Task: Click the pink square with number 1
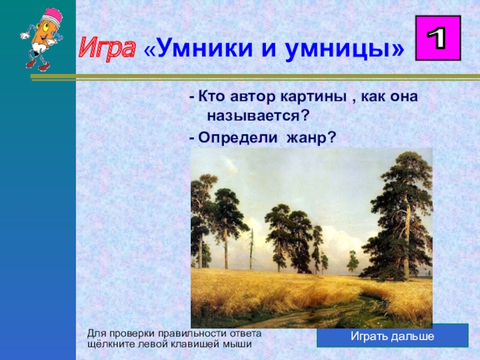(x=438, y=38)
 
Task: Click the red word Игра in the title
(x=107, y=49)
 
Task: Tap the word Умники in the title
(x=205, y=49)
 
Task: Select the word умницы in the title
(x=338, y=50)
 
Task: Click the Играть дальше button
(x=392, y=336)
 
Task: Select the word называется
(x=257, y=116)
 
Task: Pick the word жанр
(x=311, y=138)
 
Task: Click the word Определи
(x=238, y=137)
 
